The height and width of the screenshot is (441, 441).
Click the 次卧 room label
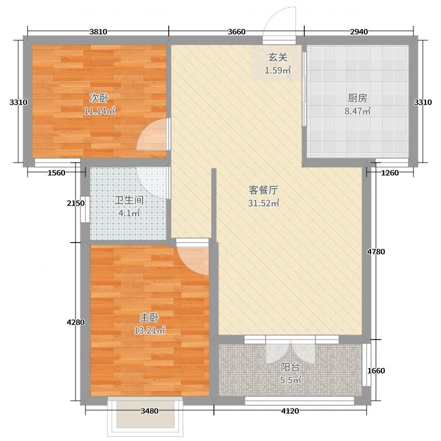(x=99, y=99)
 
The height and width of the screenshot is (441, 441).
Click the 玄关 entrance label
(x=277, y=57)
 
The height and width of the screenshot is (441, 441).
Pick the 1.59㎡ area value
(x=277, y=70)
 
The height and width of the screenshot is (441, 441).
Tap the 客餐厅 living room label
(x=262, y=190)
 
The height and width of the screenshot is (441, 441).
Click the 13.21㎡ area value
(x=149, y=331)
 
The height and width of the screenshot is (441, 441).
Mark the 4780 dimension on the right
(x=376, y=252)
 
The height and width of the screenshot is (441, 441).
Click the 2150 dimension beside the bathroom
(x=75, y=203)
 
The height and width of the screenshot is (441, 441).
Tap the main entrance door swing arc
(x=279, y=22)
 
